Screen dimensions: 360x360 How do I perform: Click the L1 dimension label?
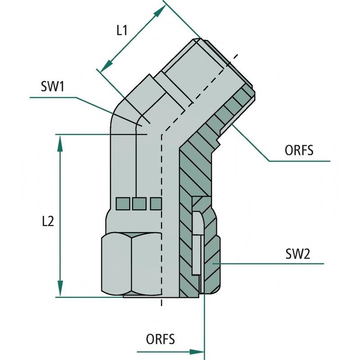pyautogui.click(x=122, y=31)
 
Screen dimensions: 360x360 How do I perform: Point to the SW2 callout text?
pyautogui.click(x=297, y=254)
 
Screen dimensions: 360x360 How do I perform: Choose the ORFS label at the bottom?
pyautogui.click(x=160, y=338)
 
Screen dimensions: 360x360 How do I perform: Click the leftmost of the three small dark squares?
pyautogui.click(x=121, y=204)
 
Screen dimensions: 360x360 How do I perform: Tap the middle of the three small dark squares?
pyautogui.click(x=139, y=204)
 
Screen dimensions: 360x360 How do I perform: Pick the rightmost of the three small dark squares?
pyautogui.click(x=155, y=204)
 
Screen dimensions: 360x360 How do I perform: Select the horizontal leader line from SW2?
pyautogui.click(x=270, y=264)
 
